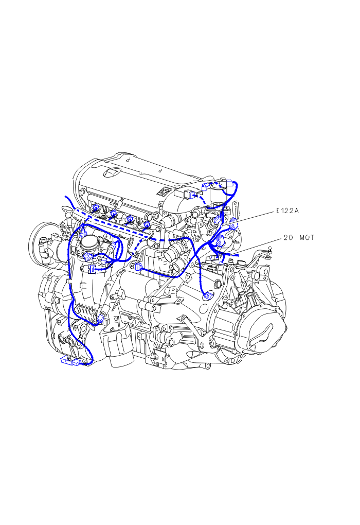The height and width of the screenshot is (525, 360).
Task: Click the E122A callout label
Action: (x=287, y=211)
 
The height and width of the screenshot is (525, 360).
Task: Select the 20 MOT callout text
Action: (x=299, y=237)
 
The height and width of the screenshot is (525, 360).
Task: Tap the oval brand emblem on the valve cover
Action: (x=112, y=172)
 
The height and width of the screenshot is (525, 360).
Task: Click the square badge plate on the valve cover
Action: (x=164, y=192)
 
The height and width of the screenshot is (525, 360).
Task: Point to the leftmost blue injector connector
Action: (x=95, y=207)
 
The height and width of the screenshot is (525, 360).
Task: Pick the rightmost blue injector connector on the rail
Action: (x=147, y=224)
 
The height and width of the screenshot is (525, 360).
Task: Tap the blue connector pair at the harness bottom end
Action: (x=71, y=361)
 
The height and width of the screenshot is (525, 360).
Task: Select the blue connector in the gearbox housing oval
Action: (x=209, y=295)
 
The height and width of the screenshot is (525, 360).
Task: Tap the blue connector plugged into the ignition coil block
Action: (x=190, y=194)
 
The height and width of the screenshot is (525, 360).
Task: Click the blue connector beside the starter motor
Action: (x=137, y=267)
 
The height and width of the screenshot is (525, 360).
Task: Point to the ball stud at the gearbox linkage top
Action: (x=270, y=250)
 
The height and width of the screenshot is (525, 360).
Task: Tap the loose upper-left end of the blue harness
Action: (x=66, y=197)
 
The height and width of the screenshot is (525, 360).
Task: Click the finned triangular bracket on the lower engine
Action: (x=87, y=313)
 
